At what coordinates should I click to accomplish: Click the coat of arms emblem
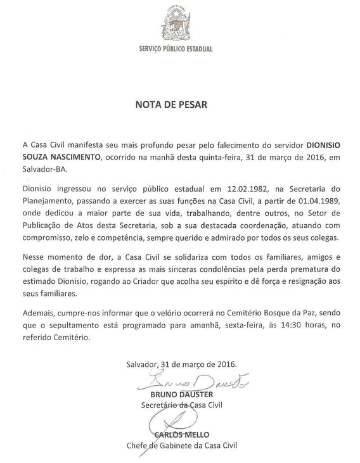tap(179, 25)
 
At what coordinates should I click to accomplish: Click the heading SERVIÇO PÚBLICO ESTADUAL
tap(179, 49)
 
